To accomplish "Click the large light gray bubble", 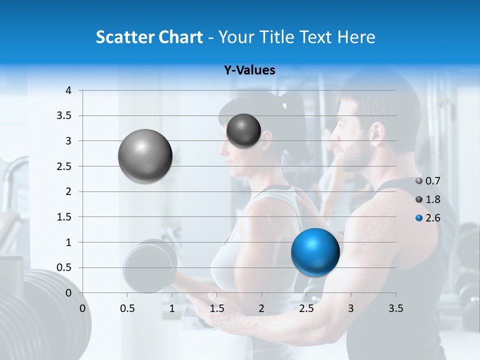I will pos(145,156).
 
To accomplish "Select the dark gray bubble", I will pos(243,130).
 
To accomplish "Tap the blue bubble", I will pos(315,252).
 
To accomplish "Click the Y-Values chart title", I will pos(249,70).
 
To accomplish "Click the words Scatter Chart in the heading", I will pos(149,37).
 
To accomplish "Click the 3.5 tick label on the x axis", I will pos(395,308).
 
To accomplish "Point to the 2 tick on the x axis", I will pos(261,308).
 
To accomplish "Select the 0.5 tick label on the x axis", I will pos(127,308).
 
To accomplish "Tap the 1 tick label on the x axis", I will pos(172,308).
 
